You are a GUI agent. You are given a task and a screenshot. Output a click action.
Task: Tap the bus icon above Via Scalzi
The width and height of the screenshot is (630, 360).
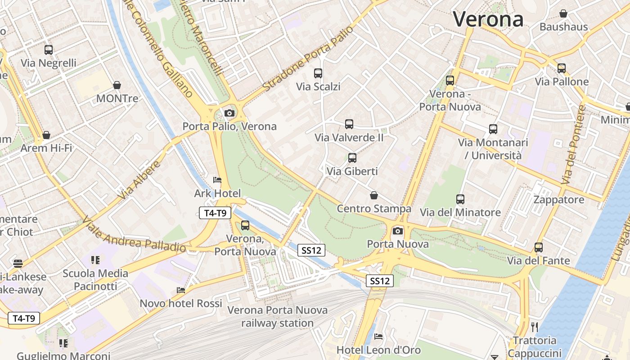(x=318, y=73)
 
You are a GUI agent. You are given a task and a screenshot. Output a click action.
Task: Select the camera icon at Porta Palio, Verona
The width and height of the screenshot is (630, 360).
(x=229, y=113)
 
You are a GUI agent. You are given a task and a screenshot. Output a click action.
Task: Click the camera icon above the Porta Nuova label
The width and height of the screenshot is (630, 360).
(x=398, y=231)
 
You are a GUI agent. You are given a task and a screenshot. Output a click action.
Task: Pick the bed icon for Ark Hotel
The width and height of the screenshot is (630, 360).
(x=217, y=180)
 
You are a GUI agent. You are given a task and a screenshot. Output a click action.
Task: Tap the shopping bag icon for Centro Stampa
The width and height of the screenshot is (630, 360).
(x=373, y=195)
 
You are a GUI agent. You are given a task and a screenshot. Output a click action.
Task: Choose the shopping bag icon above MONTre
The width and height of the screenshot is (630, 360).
(x=117, y=85)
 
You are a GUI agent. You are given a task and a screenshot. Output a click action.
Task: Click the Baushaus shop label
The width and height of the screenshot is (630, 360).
(x=563, y=27)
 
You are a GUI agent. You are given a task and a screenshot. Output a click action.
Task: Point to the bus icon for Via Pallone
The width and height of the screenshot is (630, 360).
(x=562, y=68)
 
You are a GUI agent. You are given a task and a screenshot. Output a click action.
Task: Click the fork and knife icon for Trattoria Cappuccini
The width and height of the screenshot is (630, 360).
(x=535, y=327)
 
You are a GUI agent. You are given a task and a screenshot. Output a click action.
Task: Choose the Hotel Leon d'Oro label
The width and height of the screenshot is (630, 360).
(x=379, y=350)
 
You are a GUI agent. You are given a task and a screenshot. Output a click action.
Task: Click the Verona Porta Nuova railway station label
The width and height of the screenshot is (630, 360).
(x=277, y=316)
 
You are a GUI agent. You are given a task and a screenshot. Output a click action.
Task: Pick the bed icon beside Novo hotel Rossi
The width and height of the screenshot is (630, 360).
(x=181, y=290)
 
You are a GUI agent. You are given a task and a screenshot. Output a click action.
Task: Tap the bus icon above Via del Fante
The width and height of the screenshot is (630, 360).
(x=539, y=247)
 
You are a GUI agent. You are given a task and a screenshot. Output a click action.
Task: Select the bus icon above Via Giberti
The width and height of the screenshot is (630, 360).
(x=352, y=158)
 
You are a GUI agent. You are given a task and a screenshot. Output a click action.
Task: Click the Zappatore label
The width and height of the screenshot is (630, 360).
(x=558, y=200)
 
